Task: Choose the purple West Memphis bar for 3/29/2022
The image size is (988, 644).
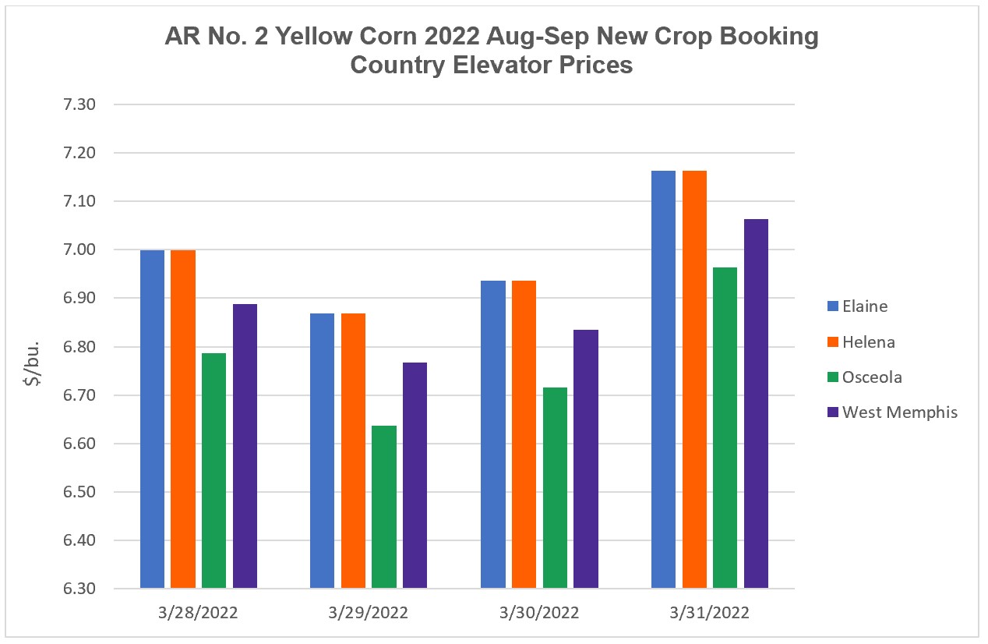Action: (x=415, y=475)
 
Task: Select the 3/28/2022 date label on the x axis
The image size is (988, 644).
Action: (x=198, y=613)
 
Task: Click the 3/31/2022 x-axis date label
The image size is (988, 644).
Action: (x=709, y=613)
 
